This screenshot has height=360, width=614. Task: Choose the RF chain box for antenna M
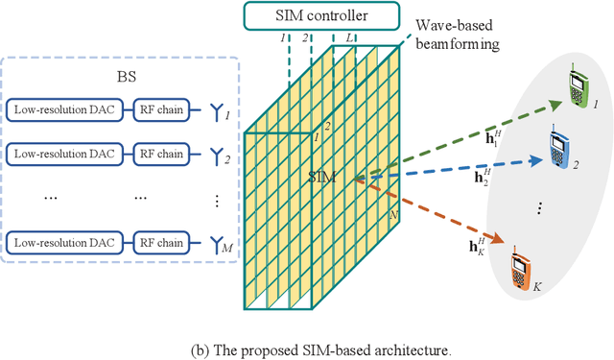(159, 239)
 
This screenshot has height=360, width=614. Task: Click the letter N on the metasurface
(391, 216)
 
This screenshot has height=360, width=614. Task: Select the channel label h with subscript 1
(464, 139)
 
